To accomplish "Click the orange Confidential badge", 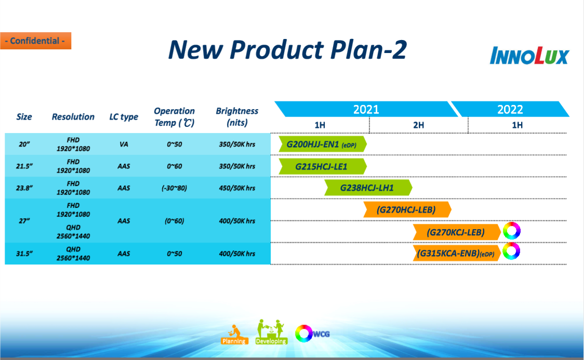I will (x=35, y=41).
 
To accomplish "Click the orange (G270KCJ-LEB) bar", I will (x=456, y=232).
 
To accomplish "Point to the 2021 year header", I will (x=366, y=109).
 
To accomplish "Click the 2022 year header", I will (x=510, y=109).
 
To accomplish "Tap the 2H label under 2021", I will (x=418, y=125).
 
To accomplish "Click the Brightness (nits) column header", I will (x=237, y=117).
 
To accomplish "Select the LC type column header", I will (x=124, y=117).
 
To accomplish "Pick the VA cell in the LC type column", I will (x=124, y=144).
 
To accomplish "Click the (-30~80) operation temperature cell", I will (x=174, y=188).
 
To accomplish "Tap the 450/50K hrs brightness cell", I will (x=237, y=188).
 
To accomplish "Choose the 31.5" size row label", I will (x=24, y=254).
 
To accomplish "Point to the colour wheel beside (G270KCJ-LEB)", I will (x=511, y=230).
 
